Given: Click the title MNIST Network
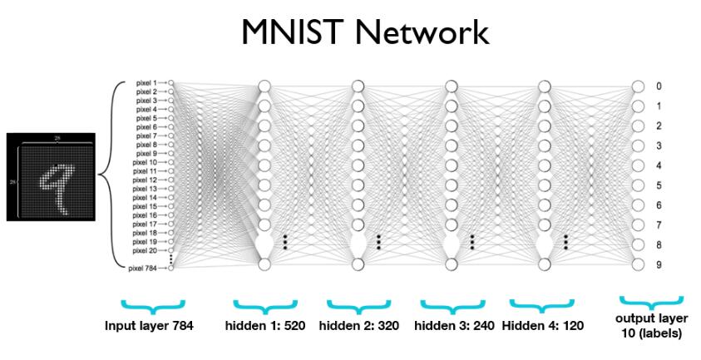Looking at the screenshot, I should coord(351,33).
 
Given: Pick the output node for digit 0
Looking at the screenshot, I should coord(638,86).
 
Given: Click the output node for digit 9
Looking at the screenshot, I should coord(638,264).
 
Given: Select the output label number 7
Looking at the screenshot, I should coord(659,224).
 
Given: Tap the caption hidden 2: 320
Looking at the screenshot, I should coord(358,326).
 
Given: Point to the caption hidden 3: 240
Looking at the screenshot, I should coord(453,326).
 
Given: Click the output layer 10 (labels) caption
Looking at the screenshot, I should coord(651,325).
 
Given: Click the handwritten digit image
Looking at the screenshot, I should coord(49,176).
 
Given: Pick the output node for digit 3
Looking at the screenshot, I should coord(638,145).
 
